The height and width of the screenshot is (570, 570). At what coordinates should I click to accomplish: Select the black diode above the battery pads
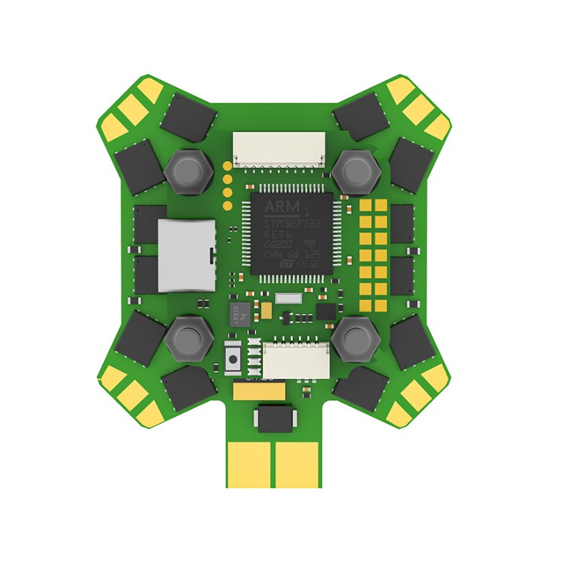pyautogui.click(x=274, y=418)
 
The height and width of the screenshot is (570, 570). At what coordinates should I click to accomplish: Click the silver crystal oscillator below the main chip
pyautogui.click(x=288, y=299)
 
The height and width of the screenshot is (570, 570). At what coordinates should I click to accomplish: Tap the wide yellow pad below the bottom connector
pyautogui.click(x=259, y=390)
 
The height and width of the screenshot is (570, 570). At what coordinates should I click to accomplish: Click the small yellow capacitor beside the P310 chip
pyautogui.click(x=266, y=311)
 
